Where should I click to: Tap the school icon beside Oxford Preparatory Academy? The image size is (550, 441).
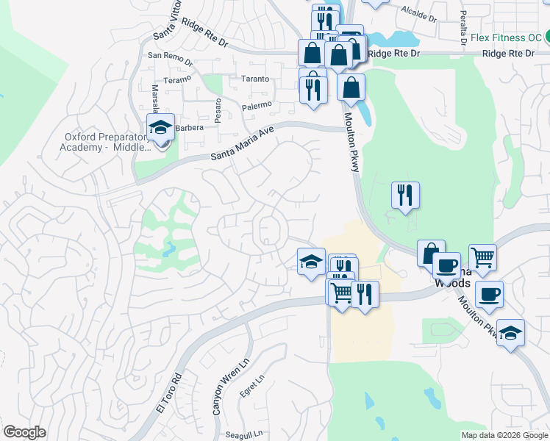tap(160, 128)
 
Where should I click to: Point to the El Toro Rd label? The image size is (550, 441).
tap(168, 395)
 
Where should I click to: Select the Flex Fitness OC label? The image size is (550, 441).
tap(502, 37)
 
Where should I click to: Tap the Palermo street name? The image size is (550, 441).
tap(257, 107)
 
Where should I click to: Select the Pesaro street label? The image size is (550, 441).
tap(218, 111)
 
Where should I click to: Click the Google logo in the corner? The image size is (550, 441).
tap(24, 432)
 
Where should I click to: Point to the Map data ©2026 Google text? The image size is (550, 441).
tap(504, 434)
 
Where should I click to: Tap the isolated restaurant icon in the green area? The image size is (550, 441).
tap(405, 196)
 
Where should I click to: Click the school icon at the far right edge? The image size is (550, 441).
tap(510, 332)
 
